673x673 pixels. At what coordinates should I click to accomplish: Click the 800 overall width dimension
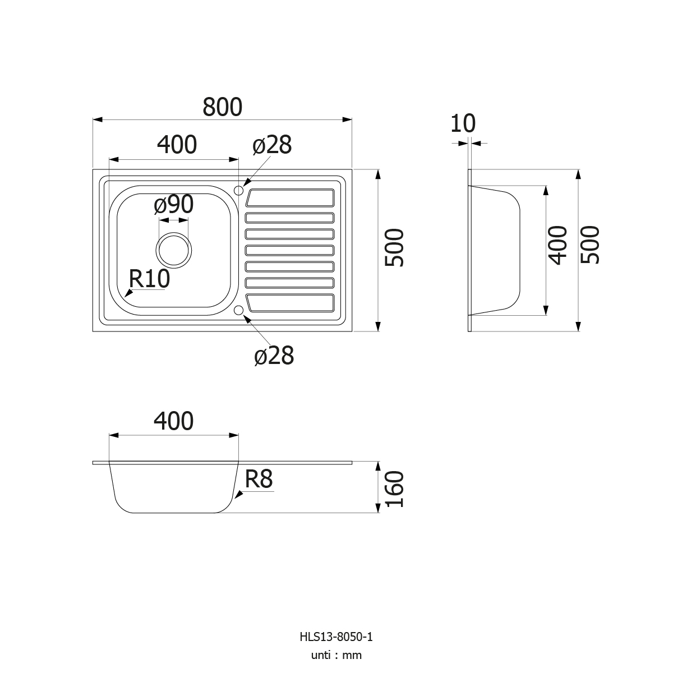point(222,107)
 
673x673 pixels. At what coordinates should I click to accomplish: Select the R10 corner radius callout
point(149,279)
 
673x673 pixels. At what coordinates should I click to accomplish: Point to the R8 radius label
point(259,479)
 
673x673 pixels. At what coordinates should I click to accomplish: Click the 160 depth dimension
point(394,489)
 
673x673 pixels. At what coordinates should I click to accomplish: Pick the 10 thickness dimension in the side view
point(463,123)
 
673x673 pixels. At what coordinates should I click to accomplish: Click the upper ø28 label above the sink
point(272,145)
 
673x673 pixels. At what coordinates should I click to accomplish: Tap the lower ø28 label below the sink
point(274,356)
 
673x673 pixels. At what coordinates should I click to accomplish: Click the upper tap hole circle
point(239,190)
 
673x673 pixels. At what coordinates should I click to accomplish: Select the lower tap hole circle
point(239,310)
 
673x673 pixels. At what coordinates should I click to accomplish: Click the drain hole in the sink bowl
point(173,250)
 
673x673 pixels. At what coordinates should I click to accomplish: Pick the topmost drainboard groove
point(290,197)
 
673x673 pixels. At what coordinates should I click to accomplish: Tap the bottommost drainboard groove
point(290,303)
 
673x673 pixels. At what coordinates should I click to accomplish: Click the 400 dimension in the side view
point(557,245)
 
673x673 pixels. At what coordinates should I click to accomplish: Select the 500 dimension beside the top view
point(394,248)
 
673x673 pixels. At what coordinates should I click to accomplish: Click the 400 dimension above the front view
point(173,421)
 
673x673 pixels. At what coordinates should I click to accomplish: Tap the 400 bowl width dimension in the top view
point(177,145)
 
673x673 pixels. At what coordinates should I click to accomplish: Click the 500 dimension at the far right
point(590,245)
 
